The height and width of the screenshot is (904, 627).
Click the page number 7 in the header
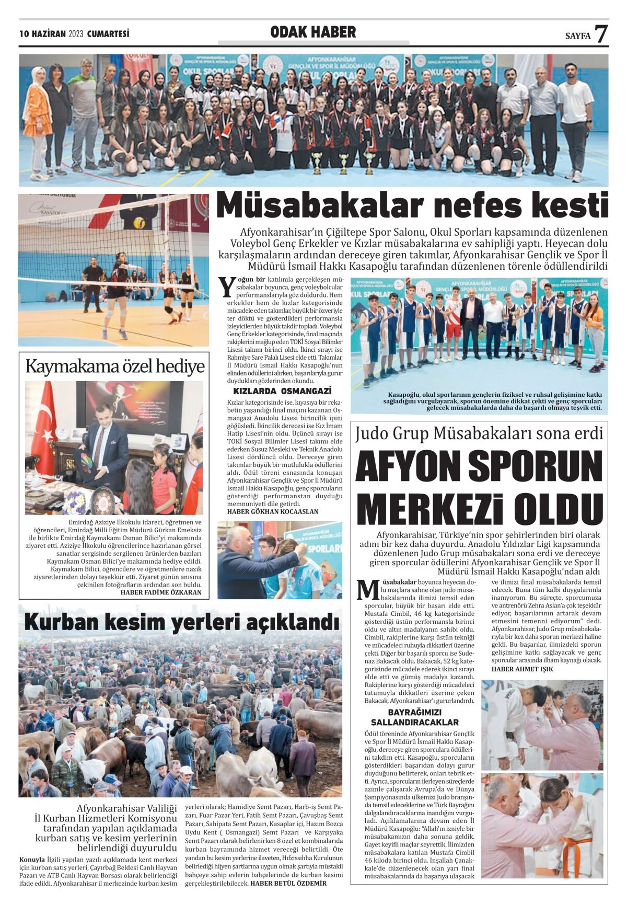tap(601, 34)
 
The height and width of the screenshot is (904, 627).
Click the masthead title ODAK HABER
tap(313, 32)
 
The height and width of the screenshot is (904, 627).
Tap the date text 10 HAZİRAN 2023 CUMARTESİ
tap(74, 34)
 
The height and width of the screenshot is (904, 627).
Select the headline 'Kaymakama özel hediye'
tap(114, 367)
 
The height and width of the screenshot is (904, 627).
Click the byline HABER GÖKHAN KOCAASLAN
tap(272, 511)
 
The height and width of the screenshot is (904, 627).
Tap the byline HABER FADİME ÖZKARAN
tap(161, 592)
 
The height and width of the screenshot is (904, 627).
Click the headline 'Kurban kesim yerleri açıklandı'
tap(181, 622)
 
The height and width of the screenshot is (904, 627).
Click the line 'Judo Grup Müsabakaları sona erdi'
tap(479, 433)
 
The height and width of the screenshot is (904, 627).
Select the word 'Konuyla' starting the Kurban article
tap(32, 860)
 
